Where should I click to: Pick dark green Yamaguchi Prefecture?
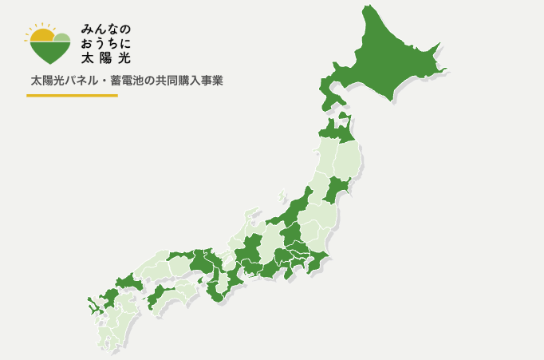tap(128, 283)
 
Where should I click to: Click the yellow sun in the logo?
tap(41, 35)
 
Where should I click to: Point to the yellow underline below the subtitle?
tap(72, 96)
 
